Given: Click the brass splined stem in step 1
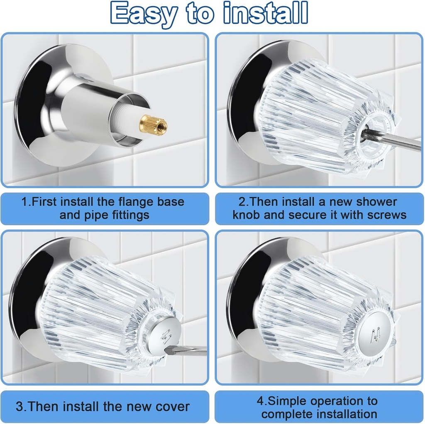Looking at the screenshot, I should click(x=153, y=123).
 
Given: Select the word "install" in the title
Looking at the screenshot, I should click(x=266, y=13).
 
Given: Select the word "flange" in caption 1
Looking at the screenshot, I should click(x=137, y=202).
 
